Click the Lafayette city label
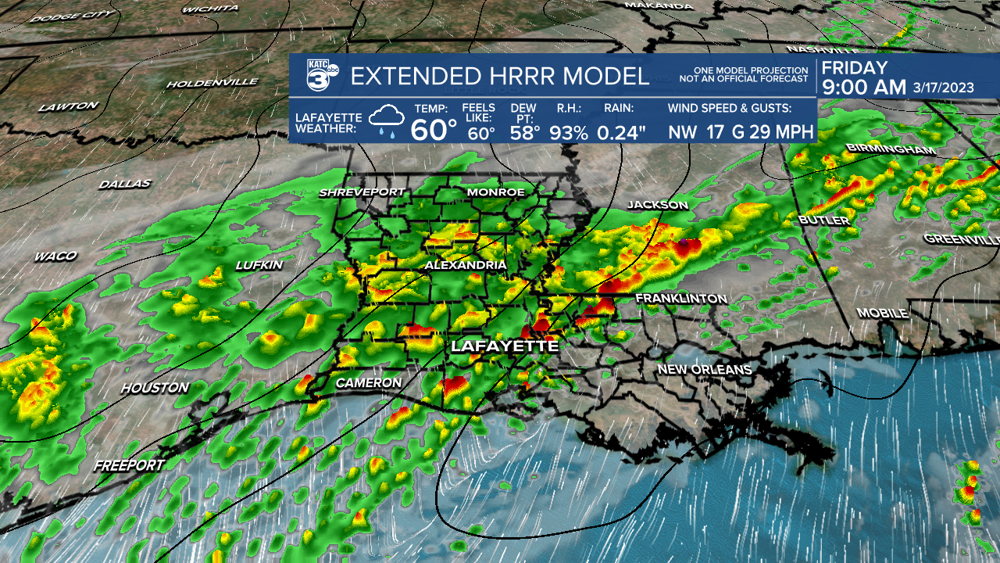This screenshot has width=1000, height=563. (504, 346)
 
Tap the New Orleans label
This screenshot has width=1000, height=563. (704, 369)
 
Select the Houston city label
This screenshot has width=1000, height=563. (155, 388)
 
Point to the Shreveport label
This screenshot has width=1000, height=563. (362, 192)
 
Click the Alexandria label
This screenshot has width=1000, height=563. (466, 266)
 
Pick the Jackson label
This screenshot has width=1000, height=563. (658, 205)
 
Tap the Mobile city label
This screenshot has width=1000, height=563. (882, 313)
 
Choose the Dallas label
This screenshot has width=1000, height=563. (125, 185)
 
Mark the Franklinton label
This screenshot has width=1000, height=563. (680, 299)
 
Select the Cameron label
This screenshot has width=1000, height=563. (368, 383)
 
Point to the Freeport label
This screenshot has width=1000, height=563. (129, 465)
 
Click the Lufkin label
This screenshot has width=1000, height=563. (259, 266)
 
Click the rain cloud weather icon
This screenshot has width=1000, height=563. (387, 121)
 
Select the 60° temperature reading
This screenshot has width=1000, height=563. (434, 129)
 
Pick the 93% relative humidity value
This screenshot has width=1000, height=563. (568, 132)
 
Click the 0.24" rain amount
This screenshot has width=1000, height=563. (622, 132)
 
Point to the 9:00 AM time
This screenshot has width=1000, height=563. (863, 88)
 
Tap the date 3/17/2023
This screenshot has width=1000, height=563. (943, 88)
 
